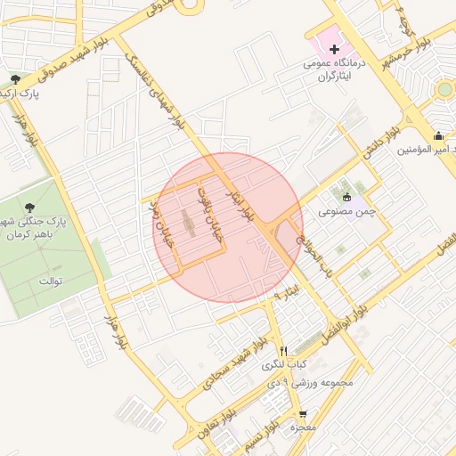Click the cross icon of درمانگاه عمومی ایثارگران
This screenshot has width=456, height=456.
point(322,46)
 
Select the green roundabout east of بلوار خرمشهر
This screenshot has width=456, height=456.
point(444,90)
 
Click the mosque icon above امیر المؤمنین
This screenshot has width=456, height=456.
point(438,136)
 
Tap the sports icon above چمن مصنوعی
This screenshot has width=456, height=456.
point(346,198)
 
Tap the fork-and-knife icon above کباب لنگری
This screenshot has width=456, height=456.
point(284,350)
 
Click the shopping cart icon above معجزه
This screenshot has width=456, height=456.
point(302,414)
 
